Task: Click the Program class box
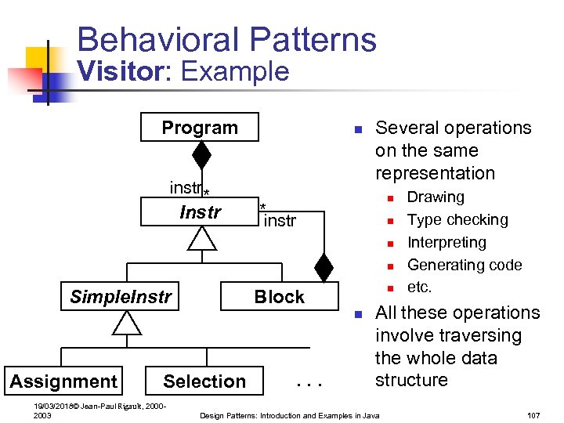tap(200, 128)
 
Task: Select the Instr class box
tap(200, 212)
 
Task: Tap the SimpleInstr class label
tap(119, 297)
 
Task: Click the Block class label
tap(279, 297)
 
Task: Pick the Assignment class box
tap(63, 381)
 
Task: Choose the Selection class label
tap(204, 381)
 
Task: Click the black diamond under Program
tap(202, 155)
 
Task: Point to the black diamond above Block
tap(324, 266)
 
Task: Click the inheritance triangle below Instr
tap(202, 237)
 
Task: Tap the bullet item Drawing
tap(436, 197)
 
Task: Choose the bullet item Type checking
tap(457, 220)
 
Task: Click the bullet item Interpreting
tap(446, 243)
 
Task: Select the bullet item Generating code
tap(465, 266)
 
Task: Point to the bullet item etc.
tap(419, 287)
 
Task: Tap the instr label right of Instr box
tap(280, 221)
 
